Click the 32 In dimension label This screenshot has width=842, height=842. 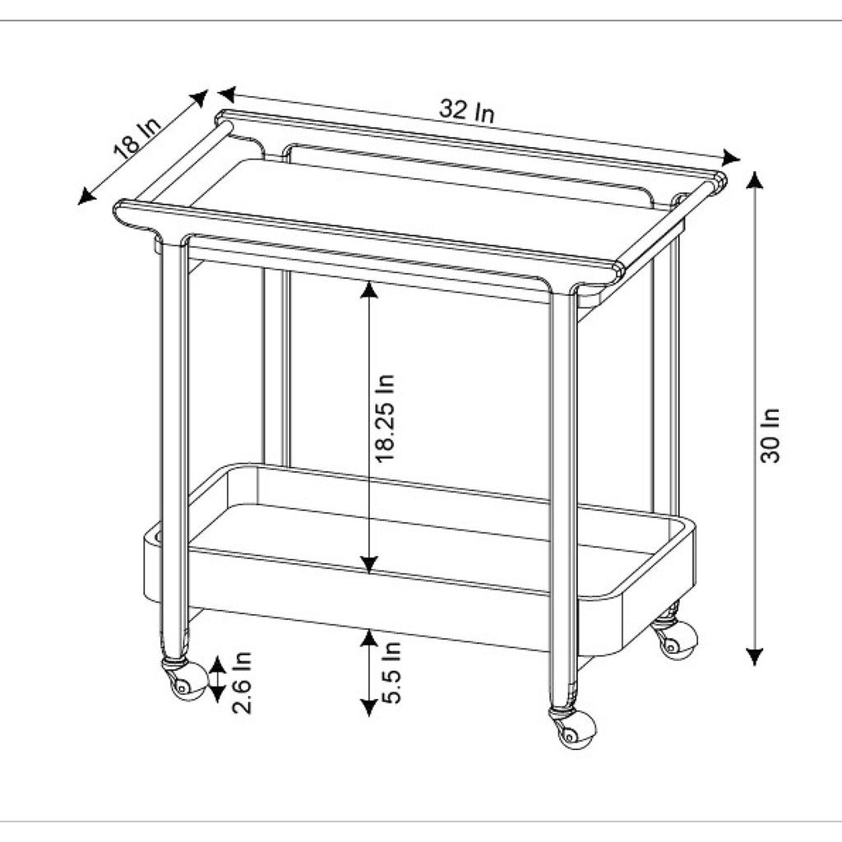coord(466,111)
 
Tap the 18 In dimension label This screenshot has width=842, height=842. coord(137,138)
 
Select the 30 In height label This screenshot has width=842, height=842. coord(770,436)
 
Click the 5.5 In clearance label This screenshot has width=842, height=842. coord(391,673)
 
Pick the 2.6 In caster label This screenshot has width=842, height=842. coord(241,682)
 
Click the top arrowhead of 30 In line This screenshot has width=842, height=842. coord(755,180)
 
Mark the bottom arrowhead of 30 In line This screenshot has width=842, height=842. coord(755,657)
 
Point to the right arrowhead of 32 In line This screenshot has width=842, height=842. coord(731,158)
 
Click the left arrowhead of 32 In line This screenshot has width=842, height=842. coord(227,94)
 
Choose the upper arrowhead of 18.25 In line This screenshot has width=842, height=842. coord(368,290)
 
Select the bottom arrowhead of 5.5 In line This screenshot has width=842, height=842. coord(368,708)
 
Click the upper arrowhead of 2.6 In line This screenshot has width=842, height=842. coord(217,664)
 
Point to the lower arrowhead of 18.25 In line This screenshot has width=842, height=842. coord(368,564)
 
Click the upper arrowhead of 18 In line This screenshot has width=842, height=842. coord(200,97)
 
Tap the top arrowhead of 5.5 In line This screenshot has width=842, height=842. coord(368,638)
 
